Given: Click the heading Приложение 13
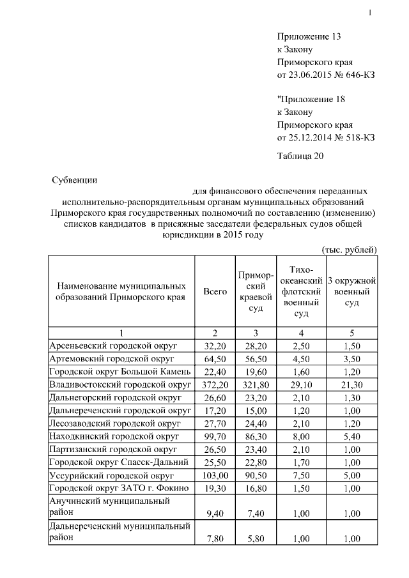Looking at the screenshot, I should pos(309,36).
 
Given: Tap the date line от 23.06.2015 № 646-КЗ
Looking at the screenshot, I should pos(326,75).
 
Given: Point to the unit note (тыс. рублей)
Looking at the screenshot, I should pos(348,248).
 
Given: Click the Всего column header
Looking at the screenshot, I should pos(215,292).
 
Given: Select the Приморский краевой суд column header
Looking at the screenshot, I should pos(255,292).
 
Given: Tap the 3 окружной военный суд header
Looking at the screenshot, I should pos(351,292).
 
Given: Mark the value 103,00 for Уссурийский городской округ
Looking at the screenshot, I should pos(215,476).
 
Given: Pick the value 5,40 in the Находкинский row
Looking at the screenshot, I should pos(351,436).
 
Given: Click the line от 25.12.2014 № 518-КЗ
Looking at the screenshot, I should pos(326,137).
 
